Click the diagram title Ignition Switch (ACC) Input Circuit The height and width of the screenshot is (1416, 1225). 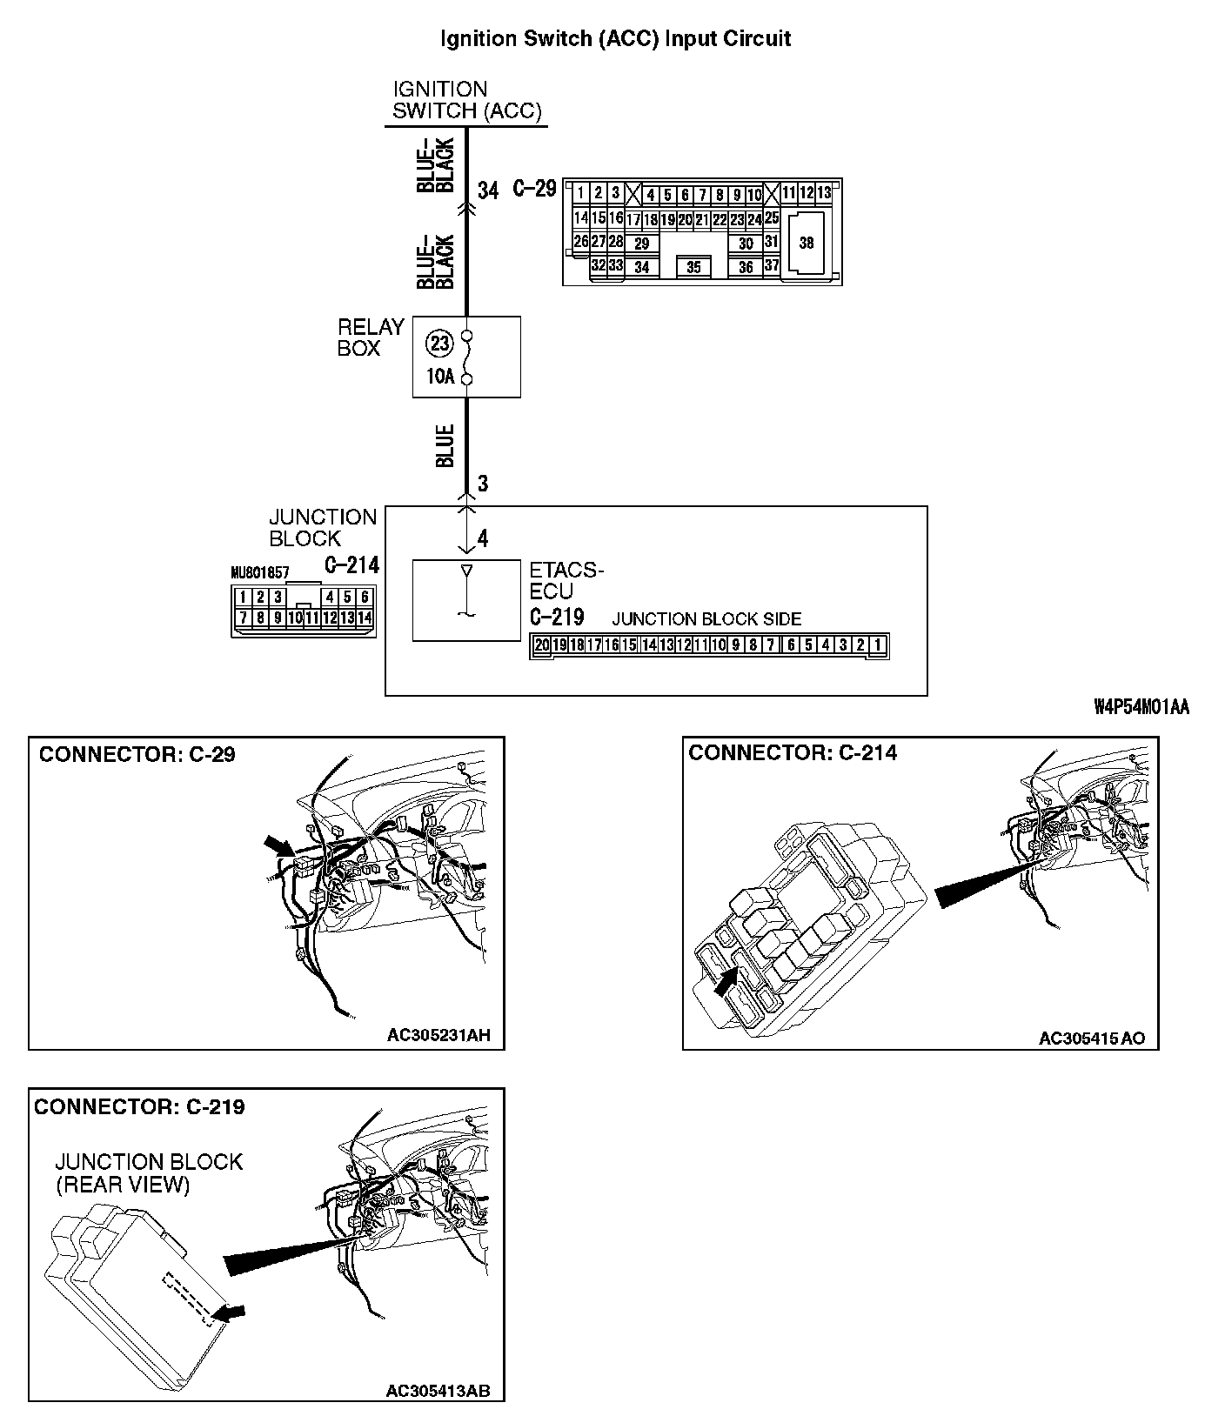click(x=615, y=38)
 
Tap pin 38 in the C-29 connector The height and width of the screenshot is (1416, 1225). click(x=806, y=243)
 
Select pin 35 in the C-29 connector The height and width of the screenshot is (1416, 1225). click(x=693, y=267)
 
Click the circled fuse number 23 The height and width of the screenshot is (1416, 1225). click(x=438, y=344)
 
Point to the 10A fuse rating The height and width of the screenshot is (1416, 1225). click(x=440, y=377)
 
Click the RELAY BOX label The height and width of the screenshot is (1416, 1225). click(x=371, y=337)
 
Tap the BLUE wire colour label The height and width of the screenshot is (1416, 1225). click(x=445, y=445)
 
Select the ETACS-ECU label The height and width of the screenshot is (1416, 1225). click(x=566, y=580)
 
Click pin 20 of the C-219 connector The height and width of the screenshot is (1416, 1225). click(x=542, y=645)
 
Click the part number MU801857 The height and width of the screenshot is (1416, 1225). click(x=260, y=572)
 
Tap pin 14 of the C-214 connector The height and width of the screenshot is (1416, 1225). click(x=365, y=618)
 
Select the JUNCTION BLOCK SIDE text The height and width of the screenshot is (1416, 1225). click(x=706, y=619)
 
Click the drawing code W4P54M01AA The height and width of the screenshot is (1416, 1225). click(x=1141, y=707)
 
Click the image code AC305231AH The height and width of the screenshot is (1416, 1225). click(x=438, y=1035)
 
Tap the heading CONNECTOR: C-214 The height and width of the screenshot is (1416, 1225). click(x=793, y=753)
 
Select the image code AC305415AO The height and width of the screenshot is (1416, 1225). click(x=1092, y=1039)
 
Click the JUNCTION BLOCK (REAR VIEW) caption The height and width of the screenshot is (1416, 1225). click(x=149, y=1172)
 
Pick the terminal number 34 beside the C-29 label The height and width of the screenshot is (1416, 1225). click(x=488, y=190)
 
